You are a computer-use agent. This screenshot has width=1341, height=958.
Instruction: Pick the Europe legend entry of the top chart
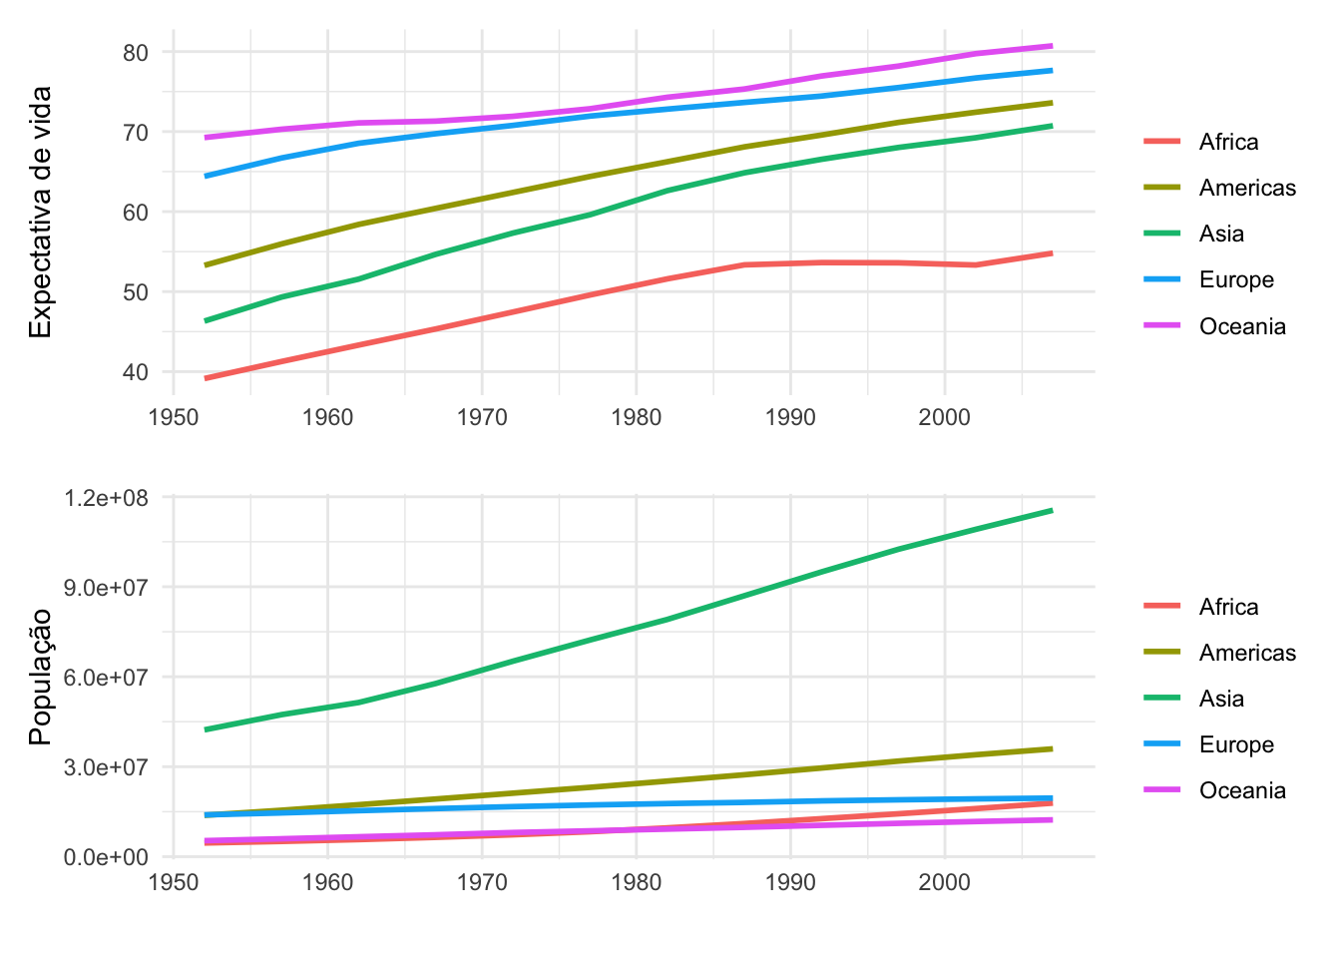(x=1236, y=280)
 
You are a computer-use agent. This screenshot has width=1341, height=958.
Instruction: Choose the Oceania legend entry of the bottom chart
(x=1241, y=791)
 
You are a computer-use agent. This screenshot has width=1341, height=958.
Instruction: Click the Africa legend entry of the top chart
(x=1228, y=143)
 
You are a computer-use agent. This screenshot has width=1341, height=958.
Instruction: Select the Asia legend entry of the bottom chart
(x=1221, y=700)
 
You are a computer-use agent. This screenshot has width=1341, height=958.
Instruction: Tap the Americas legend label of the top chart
(x=1247, y=189)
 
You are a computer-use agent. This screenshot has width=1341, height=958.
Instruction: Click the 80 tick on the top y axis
(x=135, y=52)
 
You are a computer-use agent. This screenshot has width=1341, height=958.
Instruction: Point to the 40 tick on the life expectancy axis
(x=135, y=372)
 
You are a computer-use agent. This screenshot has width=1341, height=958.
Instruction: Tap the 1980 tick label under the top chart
(x=636, y=416)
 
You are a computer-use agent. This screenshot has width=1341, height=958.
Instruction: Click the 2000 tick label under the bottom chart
(x=944, y=882)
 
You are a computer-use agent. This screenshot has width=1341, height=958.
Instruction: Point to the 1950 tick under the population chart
(x=174, y=882)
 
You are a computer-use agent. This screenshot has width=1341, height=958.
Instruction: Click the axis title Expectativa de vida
(x=40, y=212)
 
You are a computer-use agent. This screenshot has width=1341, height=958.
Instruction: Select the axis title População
(x=40, y=677)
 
